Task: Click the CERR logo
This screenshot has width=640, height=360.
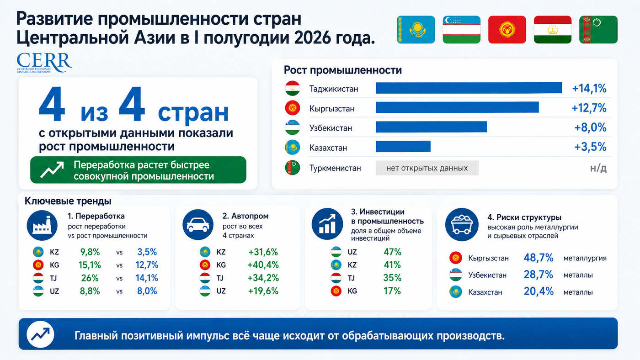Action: (44, 63)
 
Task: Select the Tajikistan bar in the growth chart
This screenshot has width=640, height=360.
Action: (469, 88)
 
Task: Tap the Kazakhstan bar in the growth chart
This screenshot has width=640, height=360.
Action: (403, 147)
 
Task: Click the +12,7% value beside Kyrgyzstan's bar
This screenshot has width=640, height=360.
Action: (589, 108)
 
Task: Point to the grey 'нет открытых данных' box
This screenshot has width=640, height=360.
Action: (427, 168)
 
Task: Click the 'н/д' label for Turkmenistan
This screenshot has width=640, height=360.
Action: (598, 168)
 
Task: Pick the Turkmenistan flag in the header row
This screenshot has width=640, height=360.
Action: (598, 30)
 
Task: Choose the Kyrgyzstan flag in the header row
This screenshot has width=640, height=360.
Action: (507, 30)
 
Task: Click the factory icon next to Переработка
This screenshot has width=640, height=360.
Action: (42, 225)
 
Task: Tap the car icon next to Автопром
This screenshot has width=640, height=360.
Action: (197, 225)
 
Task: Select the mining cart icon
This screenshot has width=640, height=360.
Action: (462, 224)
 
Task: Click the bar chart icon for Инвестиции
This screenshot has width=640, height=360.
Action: (327, 224)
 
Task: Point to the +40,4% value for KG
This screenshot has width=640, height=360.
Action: (263, 265)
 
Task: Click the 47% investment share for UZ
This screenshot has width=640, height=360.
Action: (392, 252)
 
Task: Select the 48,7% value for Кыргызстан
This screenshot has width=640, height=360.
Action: (539, 258)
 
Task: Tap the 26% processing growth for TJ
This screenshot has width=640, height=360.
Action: (90, 278)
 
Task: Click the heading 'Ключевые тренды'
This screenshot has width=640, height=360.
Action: (68, 201)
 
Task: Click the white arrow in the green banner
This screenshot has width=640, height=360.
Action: (52, 169)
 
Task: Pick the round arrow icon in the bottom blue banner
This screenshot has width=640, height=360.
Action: (40, 334)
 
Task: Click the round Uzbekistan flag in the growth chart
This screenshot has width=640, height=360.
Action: (292, 127)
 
